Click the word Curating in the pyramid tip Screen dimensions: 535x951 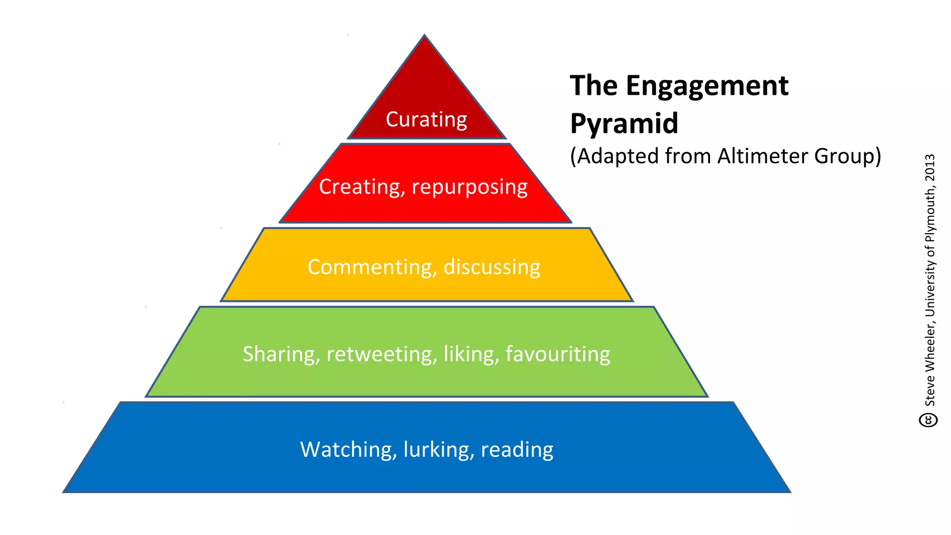426,119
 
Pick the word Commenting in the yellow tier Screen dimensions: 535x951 372,267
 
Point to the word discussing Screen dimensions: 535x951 492,267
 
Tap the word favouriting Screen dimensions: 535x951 558,354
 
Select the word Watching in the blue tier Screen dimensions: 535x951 348,450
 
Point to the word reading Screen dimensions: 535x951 517,450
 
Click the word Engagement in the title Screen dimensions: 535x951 707,86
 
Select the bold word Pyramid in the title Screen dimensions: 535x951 624,123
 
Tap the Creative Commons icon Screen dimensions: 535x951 928,420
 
